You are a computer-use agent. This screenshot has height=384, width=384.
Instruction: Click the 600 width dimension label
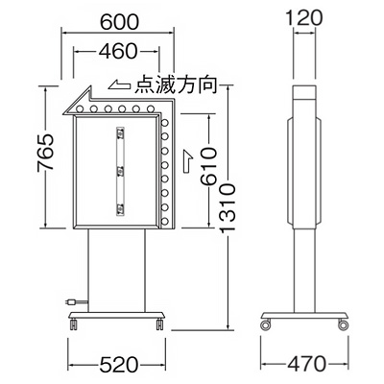pos(120,22)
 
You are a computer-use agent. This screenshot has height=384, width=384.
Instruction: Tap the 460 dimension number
pos(118,51)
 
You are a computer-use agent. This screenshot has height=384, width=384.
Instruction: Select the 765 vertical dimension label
pos(46,153)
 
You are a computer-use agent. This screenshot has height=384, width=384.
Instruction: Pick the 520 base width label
pos(119,365)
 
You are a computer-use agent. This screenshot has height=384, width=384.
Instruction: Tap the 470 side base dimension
pos(306,364)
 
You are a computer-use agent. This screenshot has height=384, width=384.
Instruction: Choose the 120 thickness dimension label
pos(303,18)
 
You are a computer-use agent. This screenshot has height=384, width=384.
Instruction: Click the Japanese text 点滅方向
pos(176,84)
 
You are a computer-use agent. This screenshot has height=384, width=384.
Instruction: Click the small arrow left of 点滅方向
pos(120,84)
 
